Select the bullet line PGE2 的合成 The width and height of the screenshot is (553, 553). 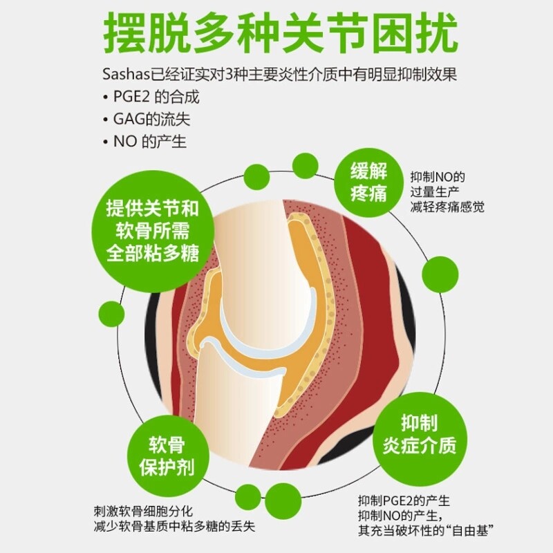pyautogui.click(x=155, y=97)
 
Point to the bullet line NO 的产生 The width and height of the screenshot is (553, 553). pyautogui.click(x=149, y=141)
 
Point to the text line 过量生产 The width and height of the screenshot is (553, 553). pyautogui.click(x=436, y=191)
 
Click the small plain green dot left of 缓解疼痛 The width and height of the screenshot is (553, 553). pyautogui.click(x=305, y=166)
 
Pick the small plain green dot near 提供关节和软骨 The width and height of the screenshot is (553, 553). pyautogui.click(x=257, y=177)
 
